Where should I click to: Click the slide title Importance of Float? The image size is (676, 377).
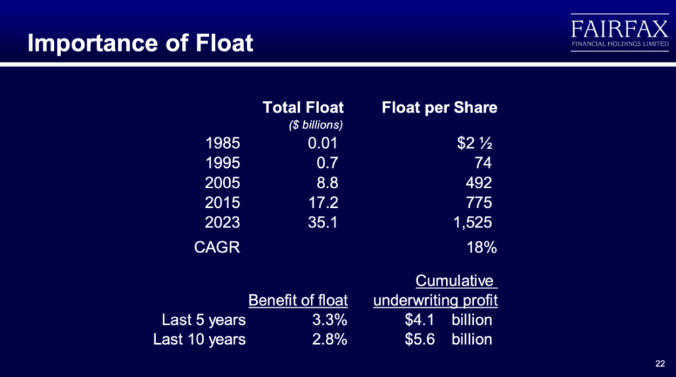pyautogui.click(x=140, y=43)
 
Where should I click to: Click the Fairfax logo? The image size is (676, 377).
pyautogui.click(x=619, y=32)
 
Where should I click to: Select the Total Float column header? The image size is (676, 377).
pyautogui.click(x=303, y=107)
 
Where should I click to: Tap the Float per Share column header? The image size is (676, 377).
pyautogui.click(x=439, y=108)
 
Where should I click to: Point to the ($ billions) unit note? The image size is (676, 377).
pyautogui.click(x=316, y=125)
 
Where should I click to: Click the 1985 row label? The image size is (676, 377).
pyautogui.click(x=222, y=143)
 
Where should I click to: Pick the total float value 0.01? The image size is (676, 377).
pyautogui.click(x=322, y=143)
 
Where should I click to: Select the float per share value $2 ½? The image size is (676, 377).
pyautogui.click(x=475, y=143)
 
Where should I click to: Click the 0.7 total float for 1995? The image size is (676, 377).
pyautogui.click(x=327, y=163)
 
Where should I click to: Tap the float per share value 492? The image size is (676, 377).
pyautogui.click(x=479, y=183)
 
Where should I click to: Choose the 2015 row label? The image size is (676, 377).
pyautogui.click(x=222, y=202)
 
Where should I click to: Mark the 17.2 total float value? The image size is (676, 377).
pyautogui.click(x=323, y=202)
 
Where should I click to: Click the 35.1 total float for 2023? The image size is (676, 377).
pyautogui.click(x=322, y=223)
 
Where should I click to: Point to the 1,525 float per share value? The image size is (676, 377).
pyautogui.click(x=473, y=223)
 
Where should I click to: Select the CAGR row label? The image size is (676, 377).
pyautogui.click(x=217, y=247)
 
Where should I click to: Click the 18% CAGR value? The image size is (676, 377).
pyautogui.click(x=481, y=248)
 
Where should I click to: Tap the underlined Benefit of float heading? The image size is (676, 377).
pyautogui.click(x=298, y=300)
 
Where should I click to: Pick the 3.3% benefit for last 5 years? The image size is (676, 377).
pyautogui.click(x=329, y=319)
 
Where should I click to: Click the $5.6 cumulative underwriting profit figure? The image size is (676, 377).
pyautogui.click(x=420, y=339)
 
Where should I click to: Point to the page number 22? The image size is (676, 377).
pyautogui.click(x=660, y=363)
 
